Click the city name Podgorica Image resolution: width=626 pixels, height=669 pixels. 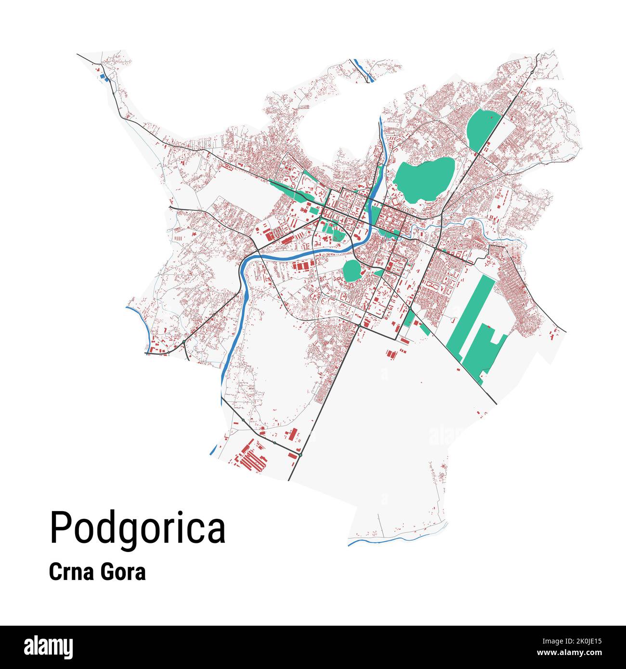(137, 528)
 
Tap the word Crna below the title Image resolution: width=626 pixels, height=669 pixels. (70, 573)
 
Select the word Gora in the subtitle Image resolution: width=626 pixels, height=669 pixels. (123, 573)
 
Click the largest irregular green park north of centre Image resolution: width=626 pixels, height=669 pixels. (423, 179)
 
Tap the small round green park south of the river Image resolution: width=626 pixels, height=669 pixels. (352, 270)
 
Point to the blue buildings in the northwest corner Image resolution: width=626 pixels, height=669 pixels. (103, 77)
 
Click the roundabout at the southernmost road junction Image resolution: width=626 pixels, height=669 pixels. (300, 454)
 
